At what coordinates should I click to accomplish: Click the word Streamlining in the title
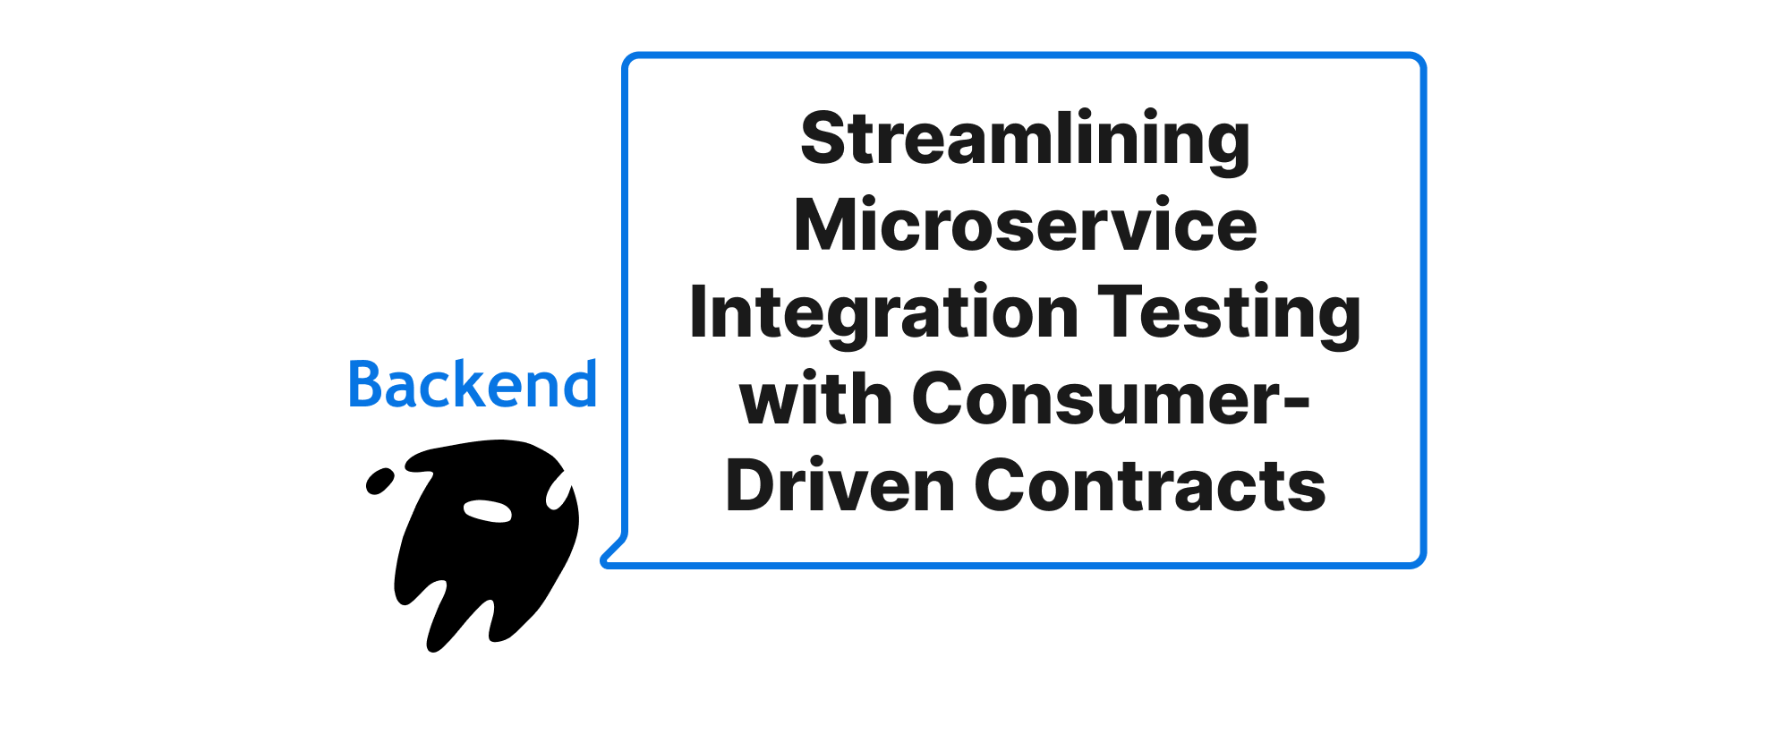(x=1025, y=141)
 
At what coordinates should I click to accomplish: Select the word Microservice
(x=1026, y=225)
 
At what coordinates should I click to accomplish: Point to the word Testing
(x=1230, y=314)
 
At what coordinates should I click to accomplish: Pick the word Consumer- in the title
(x=1111, y=398)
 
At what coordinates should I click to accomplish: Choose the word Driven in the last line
(x=840, y=485)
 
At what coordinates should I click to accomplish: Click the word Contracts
(x=1150, y=485)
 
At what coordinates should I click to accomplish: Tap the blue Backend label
(x=473, y=384)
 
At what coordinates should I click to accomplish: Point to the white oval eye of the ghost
(x=487, y=510)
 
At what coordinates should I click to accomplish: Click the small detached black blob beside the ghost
(x=380, y=481)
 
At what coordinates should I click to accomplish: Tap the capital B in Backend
(x=366, y=384)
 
